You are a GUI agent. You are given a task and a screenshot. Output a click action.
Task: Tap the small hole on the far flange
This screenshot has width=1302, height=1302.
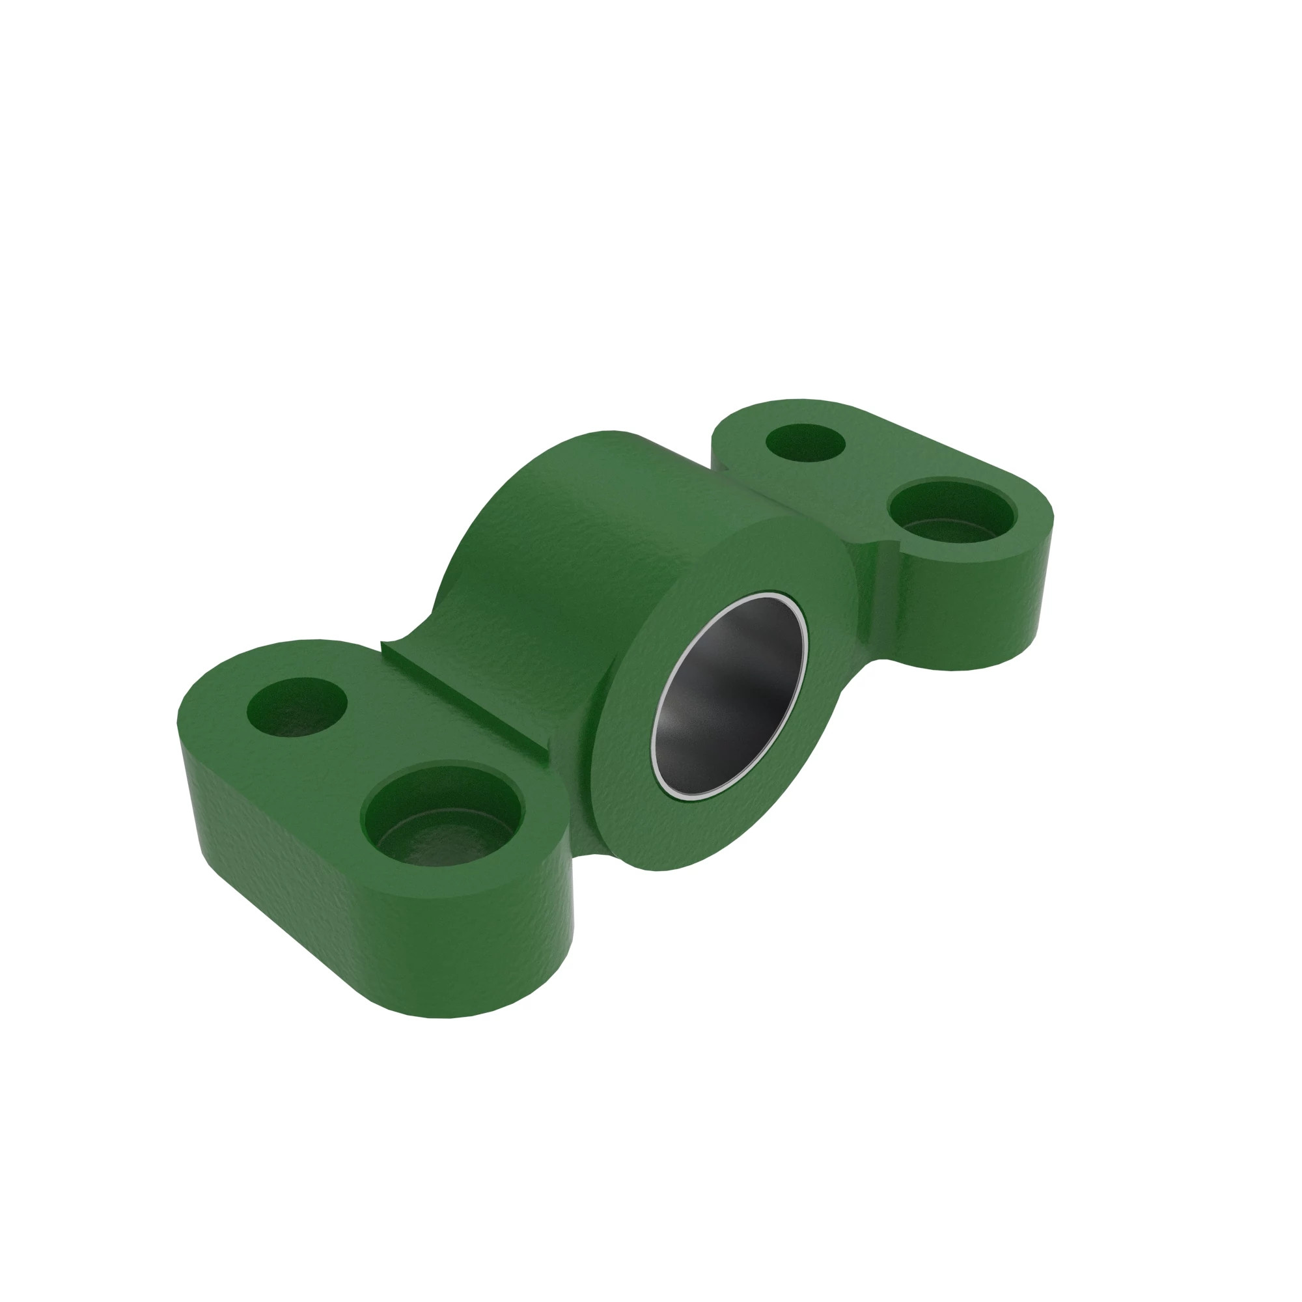pyautogui.click(x=806, y=442)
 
